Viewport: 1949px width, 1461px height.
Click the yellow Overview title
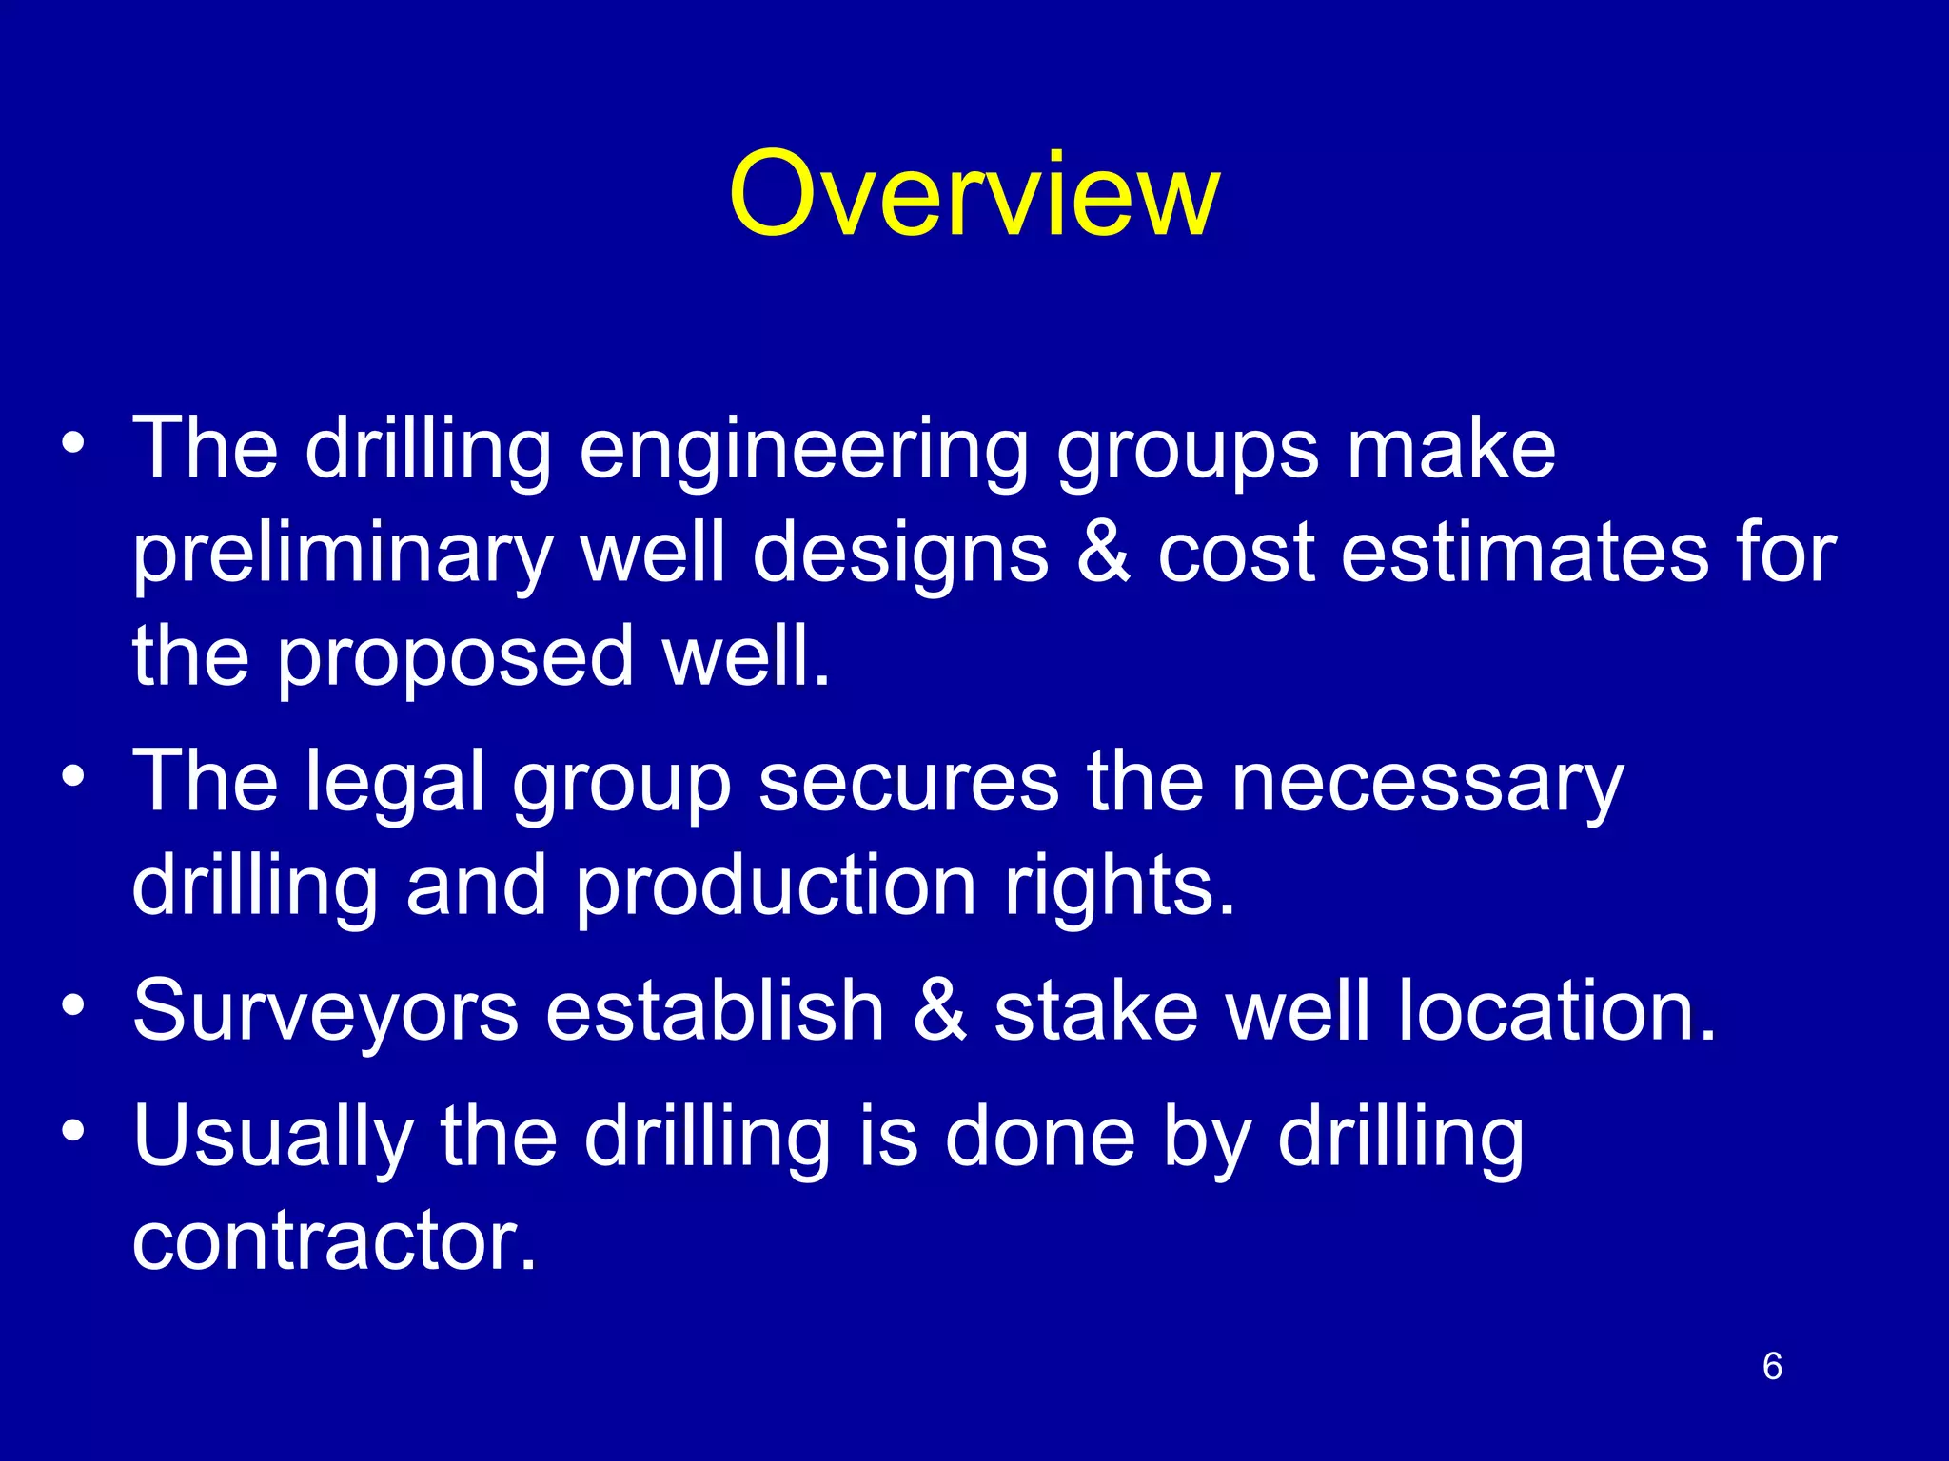[x=974, y=195]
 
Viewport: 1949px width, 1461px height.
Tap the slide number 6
[x=1771, y=1366]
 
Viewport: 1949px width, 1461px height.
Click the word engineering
[x=803, y=452]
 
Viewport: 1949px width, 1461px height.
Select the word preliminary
[x=343, y=555]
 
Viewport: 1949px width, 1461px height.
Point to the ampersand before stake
[x=939, y=1011]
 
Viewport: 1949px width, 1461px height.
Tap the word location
[x=1557, y=1011]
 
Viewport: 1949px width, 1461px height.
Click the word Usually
[x=273, y=1140]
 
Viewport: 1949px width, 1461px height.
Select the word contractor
[x=334, y=1240]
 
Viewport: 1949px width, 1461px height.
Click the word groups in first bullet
[x=1188, y=452]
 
